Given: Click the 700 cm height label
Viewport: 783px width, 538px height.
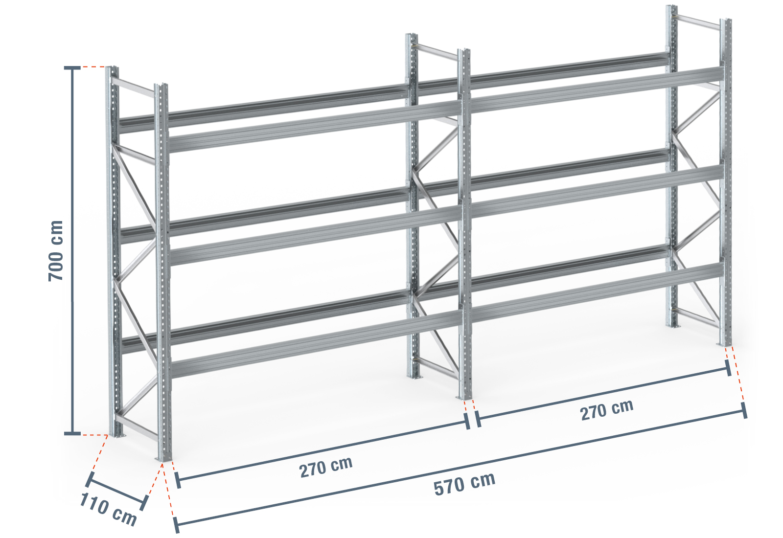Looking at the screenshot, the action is coord(56,250).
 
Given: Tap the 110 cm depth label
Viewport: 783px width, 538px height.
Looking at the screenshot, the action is coord(108,509).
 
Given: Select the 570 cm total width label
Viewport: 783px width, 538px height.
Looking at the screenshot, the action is coord(464,484).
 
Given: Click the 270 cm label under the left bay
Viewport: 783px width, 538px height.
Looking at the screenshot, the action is coord(326,467).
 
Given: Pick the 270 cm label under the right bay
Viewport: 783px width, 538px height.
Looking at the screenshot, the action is coord(606,410).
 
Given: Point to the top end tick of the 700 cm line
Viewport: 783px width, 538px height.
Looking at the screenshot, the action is coord(72,68).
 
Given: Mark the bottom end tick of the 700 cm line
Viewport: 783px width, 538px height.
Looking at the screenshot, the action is coord(72,433).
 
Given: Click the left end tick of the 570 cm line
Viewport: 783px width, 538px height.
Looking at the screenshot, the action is coord(177,525).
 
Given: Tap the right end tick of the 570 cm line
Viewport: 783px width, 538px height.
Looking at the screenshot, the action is coord(744,410).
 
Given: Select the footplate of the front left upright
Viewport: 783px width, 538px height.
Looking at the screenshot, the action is coord(163,459).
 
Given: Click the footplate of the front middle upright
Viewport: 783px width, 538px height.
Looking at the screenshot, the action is coord(464,398).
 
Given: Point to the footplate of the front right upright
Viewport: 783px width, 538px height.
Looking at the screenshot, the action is coord(725,344).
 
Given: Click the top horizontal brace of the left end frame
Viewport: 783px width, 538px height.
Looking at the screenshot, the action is coord(133,87).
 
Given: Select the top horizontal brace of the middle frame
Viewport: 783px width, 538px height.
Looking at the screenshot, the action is coord(435,51).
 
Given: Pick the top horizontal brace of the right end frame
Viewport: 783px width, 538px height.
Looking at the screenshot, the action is coord(697,22).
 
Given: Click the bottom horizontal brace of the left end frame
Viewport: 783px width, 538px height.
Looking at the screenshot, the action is coord(137,427).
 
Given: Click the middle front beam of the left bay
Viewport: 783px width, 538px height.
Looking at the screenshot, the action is coord(315,235).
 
